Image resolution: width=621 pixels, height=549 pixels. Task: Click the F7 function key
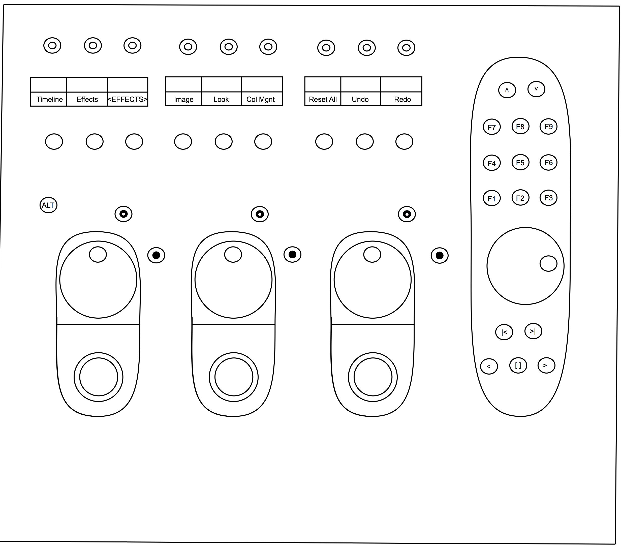[x=491, y=127]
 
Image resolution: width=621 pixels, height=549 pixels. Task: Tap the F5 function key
[x=520, y=163]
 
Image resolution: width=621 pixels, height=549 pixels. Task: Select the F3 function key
[x=548, y=198]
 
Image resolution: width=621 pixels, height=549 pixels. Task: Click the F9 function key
[x=548, y=126]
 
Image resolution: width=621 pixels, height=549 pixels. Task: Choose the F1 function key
[x=491, y=198]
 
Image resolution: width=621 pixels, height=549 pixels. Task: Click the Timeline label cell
[x=49, y=99]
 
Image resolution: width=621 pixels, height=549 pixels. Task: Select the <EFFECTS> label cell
[x=127, y=99]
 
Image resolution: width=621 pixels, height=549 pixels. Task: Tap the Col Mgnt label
[x=261, y=99]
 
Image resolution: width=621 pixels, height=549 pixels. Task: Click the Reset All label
[x=323, y=99]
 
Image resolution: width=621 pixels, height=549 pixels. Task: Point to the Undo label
[x=360, y=99]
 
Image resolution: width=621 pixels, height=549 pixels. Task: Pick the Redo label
[x=402, y=99]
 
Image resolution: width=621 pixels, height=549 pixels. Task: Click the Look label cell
[x=221, y=99]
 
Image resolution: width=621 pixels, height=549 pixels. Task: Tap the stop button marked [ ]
[x=518, y=365]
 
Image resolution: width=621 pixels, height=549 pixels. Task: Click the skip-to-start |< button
[x=504, y=332]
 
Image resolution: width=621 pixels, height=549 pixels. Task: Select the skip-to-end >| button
[x=533, y=331]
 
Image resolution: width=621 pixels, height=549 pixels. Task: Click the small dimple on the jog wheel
[x=548, y=263]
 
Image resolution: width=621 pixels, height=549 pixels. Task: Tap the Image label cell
[x=183, y=99]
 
